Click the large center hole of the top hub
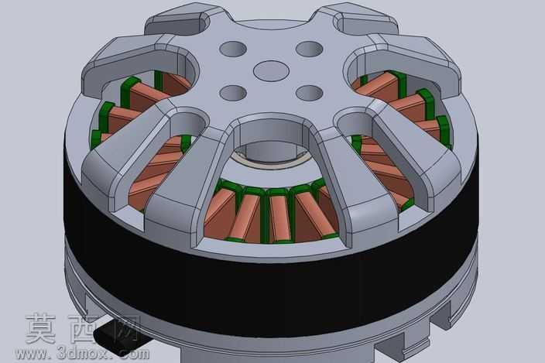(x=271, y=71)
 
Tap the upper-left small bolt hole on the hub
(x=233, y=49)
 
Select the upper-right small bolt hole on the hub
(x=310, y=49)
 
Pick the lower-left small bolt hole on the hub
(x=233, y=93)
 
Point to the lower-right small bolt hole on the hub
(x=310, y=93)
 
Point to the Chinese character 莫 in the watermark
(x=41, y=328)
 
